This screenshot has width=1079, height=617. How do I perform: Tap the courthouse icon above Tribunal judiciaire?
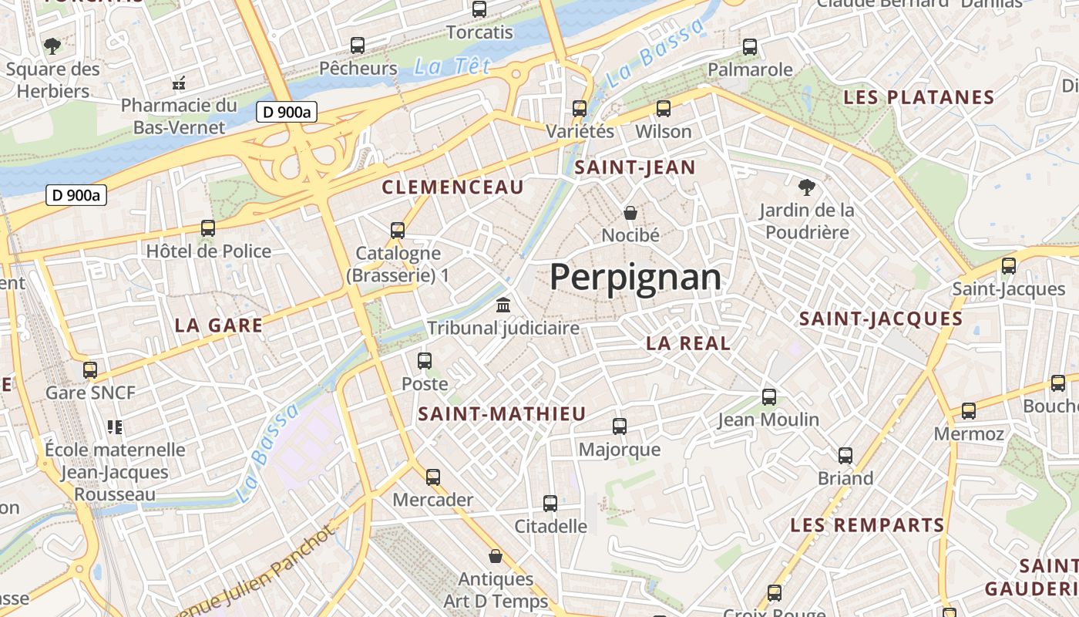pyautogui.click(x=503, y=305)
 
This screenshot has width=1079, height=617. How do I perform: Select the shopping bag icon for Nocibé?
pyautogui.click(x=630, y=212)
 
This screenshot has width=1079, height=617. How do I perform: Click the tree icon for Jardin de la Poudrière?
pyautogui.click(x=806, y=187)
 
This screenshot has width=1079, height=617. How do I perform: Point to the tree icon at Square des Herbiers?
pyautogui.click(x=52, y=46)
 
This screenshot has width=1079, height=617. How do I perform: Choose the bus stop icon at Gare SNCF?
pyautogui.click(x=90, y=369)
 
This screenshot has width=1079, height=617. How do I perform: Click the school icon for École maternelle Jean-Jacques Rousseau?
pyautogui.click(x=115, y=427)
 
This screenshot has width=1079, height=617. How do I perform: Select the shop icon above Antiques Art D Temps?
pyautogui.click(x=496, y=555)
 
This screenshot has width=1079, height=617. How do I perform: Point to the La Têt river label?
pyautogui.click(x=452, y=66)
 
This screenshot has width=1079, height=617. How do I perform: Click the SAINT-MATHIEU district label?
pyautogui.click(x=502, y=414)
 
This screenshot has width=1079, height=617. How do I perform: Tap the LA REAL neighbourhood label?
pyautogui.click(x=688, y=344)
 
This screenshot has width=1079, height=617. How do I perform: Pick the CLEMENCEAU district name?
pyautogui.click(x=452, y=187)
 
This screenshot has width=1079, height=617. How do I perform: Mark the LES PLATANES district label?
pyautogui.click(x=919, y=98)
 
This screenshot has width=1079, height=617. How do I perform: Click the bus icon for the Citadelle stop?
pyautogui.click(x=550, y=504)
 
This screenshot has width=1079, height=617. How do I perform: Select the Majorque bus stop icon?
pyautogui.click(x=619, y=426)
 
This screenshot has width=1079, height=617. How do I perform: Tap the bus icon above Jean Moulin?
pyautogui.click(x=768, y=397)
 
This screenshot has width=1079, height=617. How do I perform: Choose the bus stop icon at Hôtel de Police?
pyautogui.click(x=208, y=228)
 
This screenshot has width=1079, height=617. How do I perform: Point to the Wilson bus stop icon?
pyautogui.click(x=663, y=109)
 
